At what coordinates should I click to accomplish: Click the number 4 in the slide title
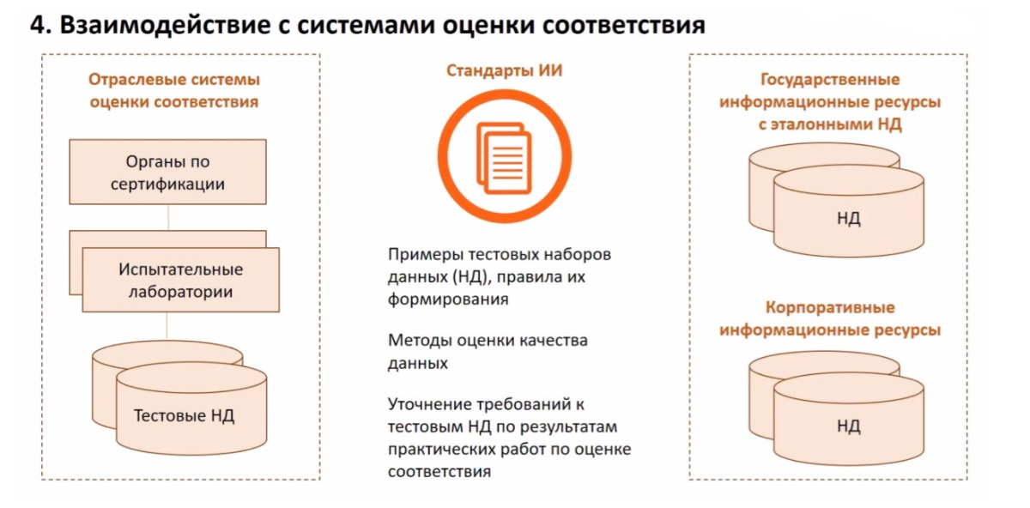pyautogui.click(x=37, y=24)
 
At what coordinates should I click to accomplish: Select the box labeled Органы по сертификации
pyautogui.click(x=167, y=172)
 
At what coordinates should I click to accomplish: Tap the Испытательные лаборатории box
pyautogui.click(x=180, y=280)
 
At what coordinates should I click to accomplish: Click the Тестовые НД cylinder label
pyautogui.click(x=185, y=416)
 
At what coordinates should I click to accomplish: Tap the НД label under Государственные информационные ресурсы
pyautogui.click(x=848, y=218)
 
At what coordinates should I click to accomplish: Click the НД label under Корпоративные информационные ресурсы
pyautogui.click(x=848, y=426)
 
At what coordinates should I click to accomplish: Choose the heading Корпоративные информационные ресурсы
pyautogui.click(x=829, y=318)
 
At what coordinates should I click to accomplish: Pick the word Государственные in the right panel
pyautogui.click(x=829, y=80)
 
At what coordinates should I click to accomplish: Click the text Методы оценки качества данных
pyautogui.click(x=488, y=351)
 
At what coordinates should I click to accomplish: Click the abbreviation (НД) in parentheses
pyautogui.click(x=468, y=277)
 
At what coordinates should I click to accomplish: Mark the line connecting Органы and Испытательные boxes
pyautogui.click(x=167, y=217)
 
